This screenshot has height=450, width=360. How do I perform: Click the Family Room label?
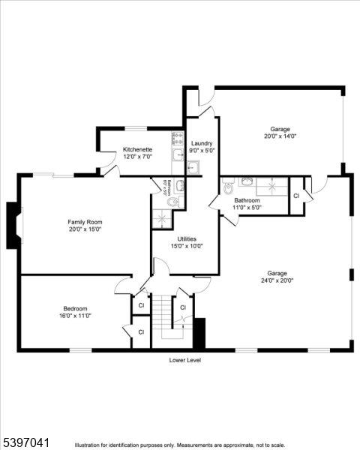point(85,222)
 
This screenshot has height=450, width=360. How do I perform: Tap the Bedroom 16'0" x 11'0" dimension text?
point(75,316)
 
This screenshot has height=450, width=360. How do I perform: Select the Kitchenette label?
point(137,150)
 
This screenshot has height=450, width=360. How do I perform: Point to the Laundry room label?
point(202,143)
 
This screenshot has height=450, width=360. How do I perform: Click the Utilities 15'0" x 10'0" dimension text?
point(186,246)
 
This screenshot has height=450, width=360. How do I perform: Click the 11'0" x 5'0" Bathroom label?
point(247,200)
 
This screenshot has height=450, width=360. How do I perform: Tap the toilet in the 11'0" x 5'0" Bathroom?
point(229,182)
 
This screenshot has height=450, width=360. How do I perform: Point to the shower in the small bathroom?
point(161,218)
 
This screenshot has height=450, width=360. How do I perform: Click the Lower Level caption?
point(184,360)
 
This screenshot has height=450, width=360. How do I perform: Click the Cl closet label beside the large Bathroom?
point(296,195)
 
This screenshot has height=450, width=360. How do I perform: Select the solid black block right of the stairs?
point(199,333)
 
